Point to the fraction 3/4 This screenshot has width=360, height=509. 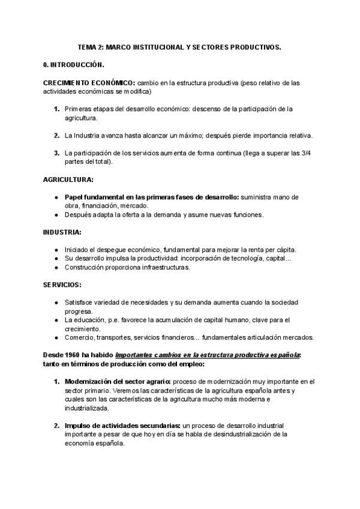click(306, 153)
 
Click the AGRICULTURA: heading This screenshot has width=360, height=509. click(68, 179)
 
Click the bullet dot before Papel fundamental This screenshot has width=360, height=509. click(56, 197)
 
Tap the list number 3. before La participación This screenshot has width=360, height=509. click(56, 153)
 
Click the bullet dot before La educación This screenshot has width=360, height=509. click(56, 319)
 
